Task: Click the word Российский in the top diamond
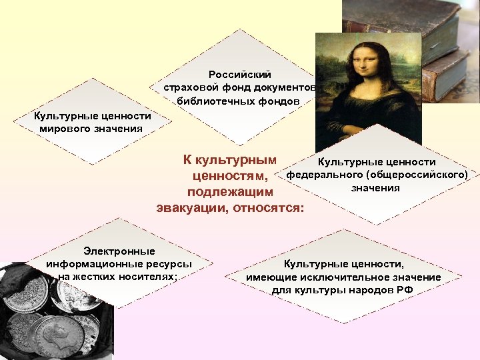(x=239, y=75)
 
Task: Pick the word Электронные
(x=119, y=251)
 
